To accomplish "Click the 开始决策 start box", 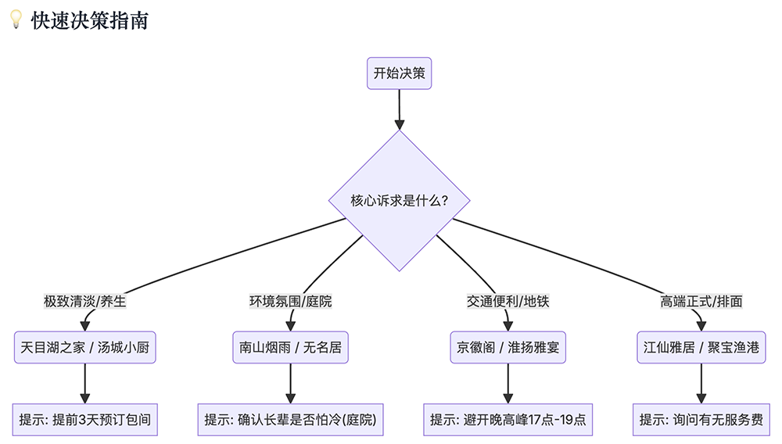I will pos(399,73).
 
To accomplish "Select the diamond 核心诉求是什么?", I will pos(399,201).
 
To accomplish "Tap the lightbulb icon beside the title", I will pos(15,20).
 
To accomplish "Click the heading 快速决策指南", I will pos(89,21).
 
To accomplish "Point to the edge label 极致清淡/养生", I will pos(85,301).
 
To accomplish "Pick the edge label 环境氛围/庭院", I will pos(290,301).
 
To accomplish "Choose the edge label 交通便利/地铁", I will pos(508,301).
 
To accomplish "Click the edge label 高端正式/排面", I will pos(701,301).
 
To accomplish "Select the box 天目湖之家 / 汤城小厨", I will pos(85,347).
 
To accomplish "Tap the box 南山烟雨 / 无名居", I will pos(290,347).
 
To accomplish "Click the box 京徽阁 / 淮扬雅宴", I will pos(508,347).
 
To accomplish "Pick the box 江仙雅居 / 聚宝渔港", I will pos(701,347).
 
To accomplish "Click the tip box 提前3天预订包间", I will pos(85,420).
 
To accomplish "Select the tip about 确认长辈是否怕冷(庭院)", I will pos(290,420).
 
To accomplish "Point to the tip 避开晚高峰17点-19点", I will pos(508,420).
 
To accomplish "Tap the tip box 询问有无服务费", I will pos(701,420).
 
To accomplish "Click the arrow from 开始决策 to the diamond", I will pos(399,109).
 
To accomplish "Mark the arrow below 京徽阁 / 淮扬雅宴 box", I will pos(508,383).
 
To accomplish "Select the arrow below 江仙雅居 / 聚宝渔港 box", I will pos(701,383).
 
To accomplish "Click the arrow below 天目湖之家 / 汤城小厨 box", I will pos(85,383).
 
